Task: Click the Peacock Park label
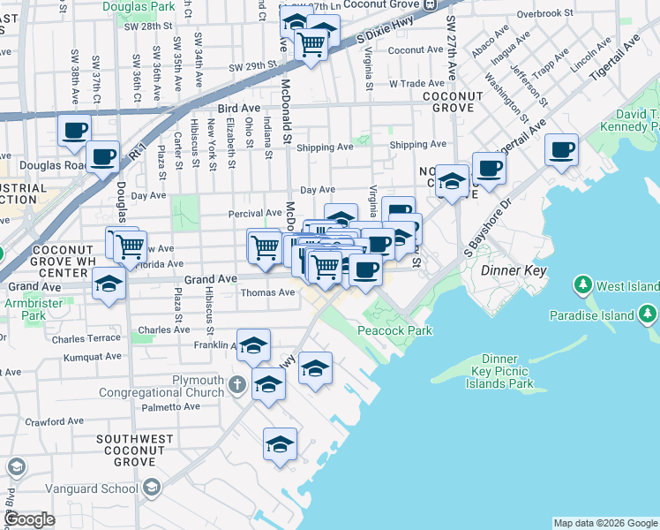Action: (x=394, y=330)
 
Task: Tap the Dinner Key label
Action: (x=514, y=270)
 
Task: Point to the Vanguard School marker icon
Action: (x=152, y=488)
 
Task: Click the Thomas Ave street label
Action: (x=267, y=292)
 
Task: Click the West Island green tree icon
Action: (x=582, y=285)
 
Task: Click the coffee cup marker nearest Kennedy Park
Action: (x=561, y=149)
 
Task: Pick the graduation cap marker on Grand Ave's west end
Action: (x=109, y=284)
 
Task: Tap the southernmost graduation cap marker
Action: (x=280, y=444)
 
